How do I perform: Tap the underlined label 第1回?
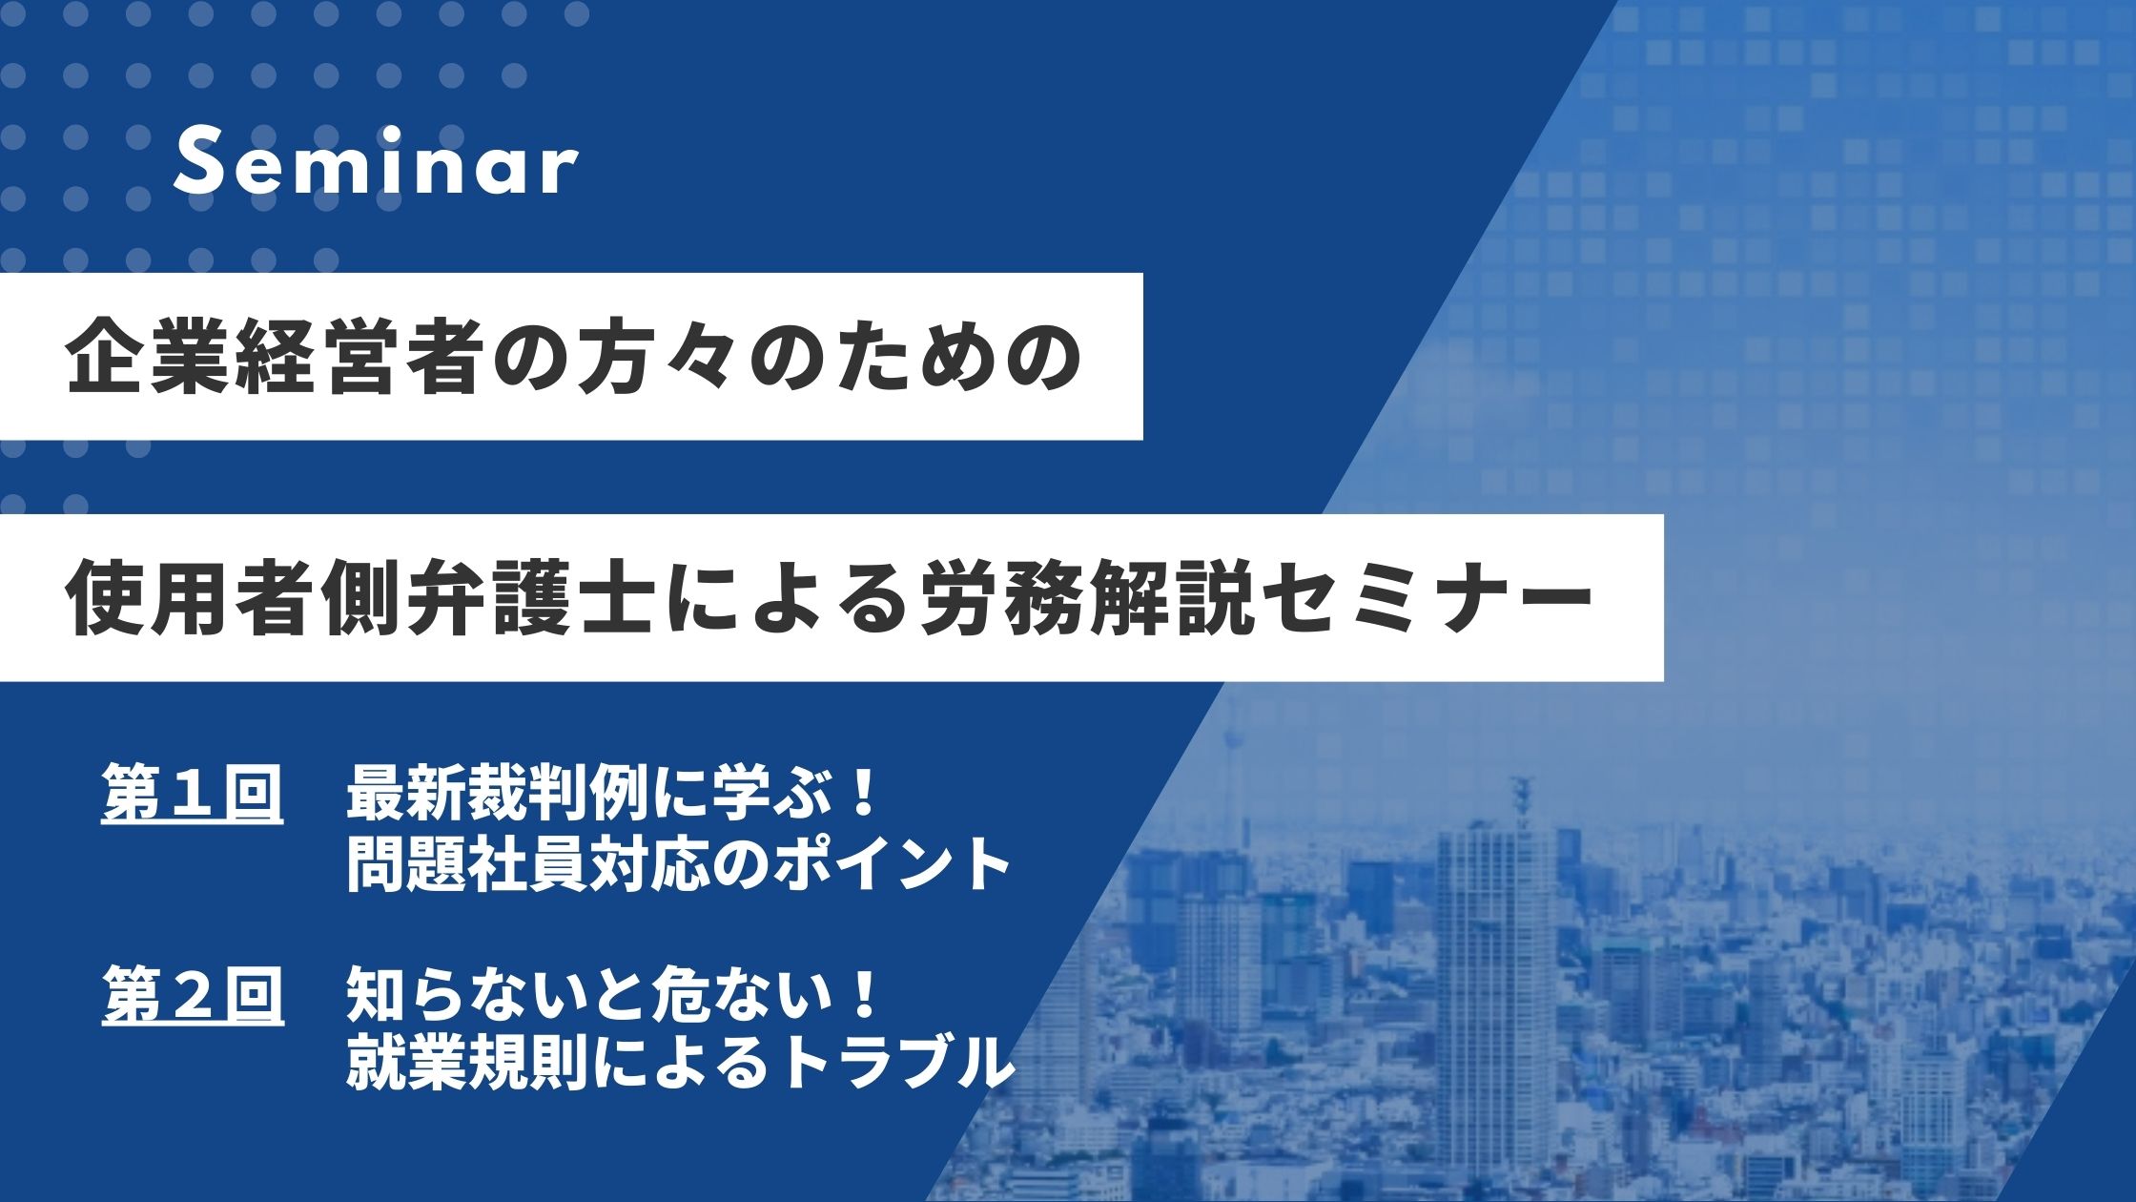point(193,795)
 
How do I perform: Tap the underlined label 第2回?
point(193,995)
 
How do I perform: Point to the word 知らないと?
point(496,995)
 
